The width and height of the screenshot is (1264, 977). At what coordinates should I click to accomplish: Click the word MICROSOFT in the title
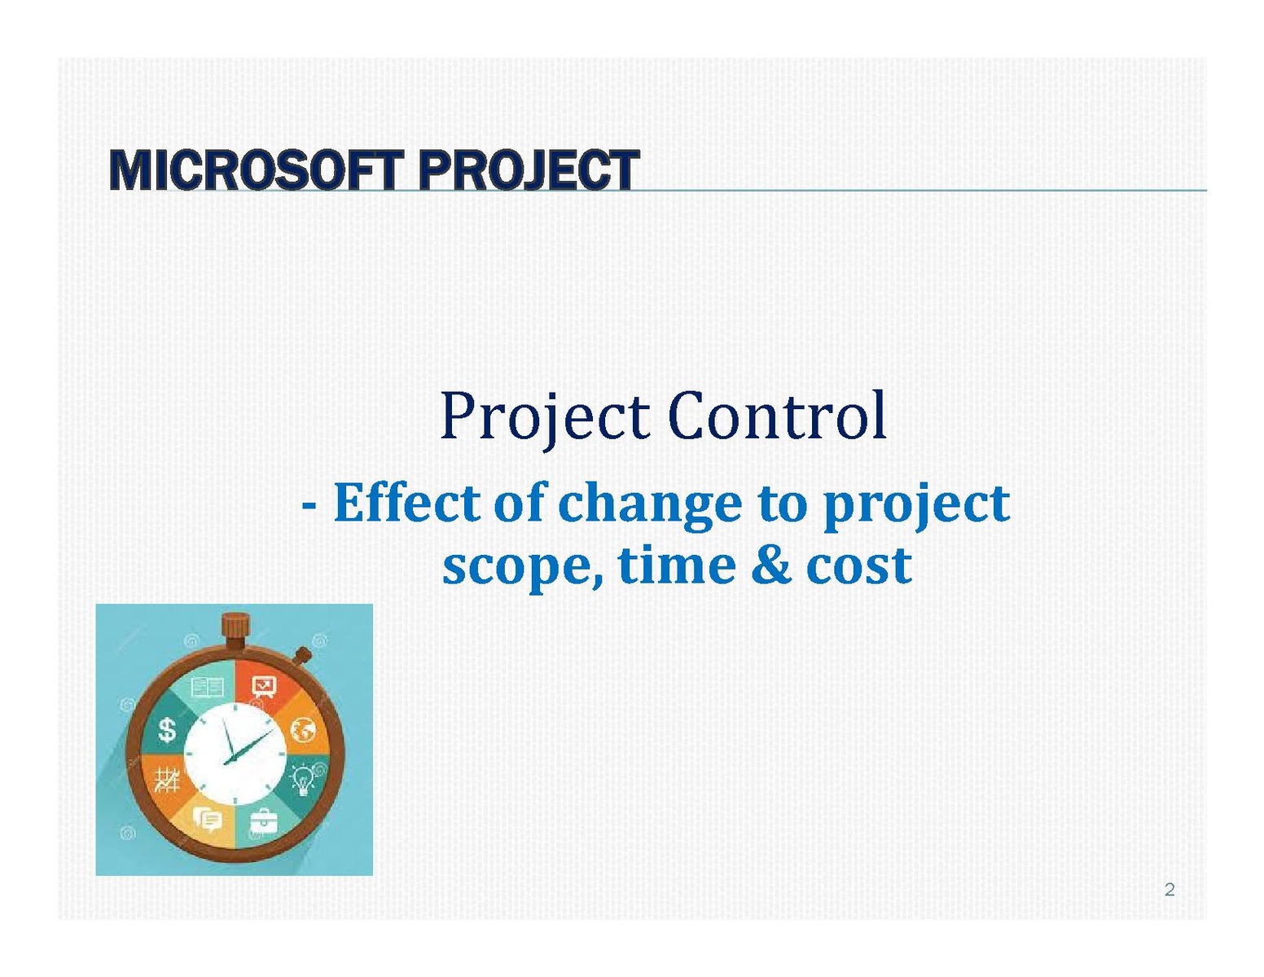click(256, 170)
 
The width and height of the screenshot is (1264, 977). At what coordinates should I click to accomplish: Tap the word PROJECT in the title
click(529, 170)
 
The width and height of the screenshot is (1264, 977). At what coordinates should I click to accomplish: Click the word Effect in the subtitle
click(406, 503)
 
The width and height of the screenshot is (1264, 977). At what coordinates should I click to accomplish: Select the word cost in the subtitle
click(858, 565)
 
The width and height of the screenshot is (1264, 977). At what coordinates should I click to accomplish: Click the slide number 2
click(1170, 890)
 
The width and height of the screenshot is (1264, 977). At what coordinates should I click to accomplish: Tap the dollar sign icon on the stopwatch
click(167, 730)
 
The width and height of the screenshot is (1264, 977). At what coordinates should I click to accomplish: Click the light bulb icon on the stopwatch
click(303, 780)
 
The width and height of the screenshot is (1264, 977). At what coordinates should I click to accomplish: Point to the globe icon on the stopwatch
click(302, 730)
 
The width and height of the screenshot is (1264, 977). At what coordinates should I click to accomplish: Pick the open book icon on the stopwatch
click(207, 688)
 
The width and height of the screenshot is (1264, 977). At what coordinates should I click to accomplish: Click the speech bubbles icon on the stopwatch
click(207, 819)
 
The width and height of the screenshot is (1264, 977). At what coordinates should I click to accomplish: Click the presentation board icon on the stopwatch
click(264, 687)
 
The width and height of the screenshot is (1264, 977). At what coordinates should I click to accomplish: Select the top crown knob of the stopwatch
click(235, 627)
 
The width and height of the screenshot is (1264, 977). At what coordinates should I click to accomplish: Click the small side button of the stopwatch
click(302, 656)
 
